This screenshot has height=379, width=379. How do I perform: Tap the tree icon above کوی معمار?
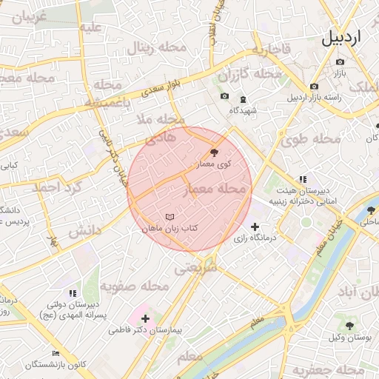pos(214,152)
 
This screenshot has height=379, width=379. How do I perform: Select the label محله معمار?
pos(213,190)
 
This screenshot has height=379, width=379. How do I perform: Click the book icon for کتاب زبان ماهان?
pos(170,217)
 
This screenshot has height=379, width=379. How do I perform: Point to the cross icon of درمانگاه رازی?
pos(255,227)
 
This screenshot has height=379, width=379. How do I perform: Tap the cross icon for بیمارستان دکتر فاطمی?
pos(145,320)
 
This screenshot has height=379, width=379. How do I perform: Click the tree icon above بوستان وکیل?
pos(349,325)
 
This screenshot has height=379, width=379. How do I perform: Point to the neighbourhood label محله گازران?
pos(250,74)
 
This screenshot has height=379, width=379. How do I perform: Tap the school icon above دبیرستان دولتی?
pos(72,293)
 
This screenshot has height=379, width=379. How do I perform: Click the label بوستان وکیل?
pos(349,338)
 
